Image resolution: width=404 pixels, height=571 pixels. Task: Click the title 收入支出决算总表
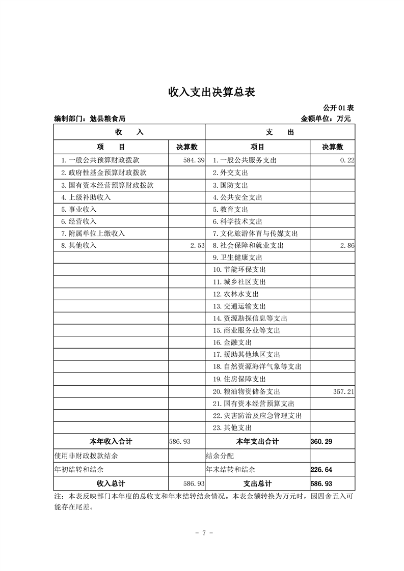(211, 92)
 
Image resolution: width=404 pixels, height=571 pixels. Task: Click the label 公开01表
(338, 108)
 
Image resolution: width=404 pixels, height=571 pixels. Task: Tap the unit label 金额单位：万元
(326, 119)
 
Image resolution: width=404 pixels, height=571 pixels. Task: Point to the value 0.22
(347, 160)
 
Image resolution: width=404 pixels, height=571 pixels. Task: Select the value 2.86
(347, 245)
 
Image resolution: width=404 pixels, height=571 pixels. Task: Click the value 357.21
(343, 391)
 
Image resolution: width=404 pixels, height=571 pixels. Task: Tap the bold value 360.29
(321, 441)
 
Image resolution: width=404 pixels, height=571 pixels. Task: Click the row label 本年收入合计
(111, 441)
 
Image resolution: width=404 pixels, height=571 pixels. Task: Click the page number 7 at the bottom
(203, 533)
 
